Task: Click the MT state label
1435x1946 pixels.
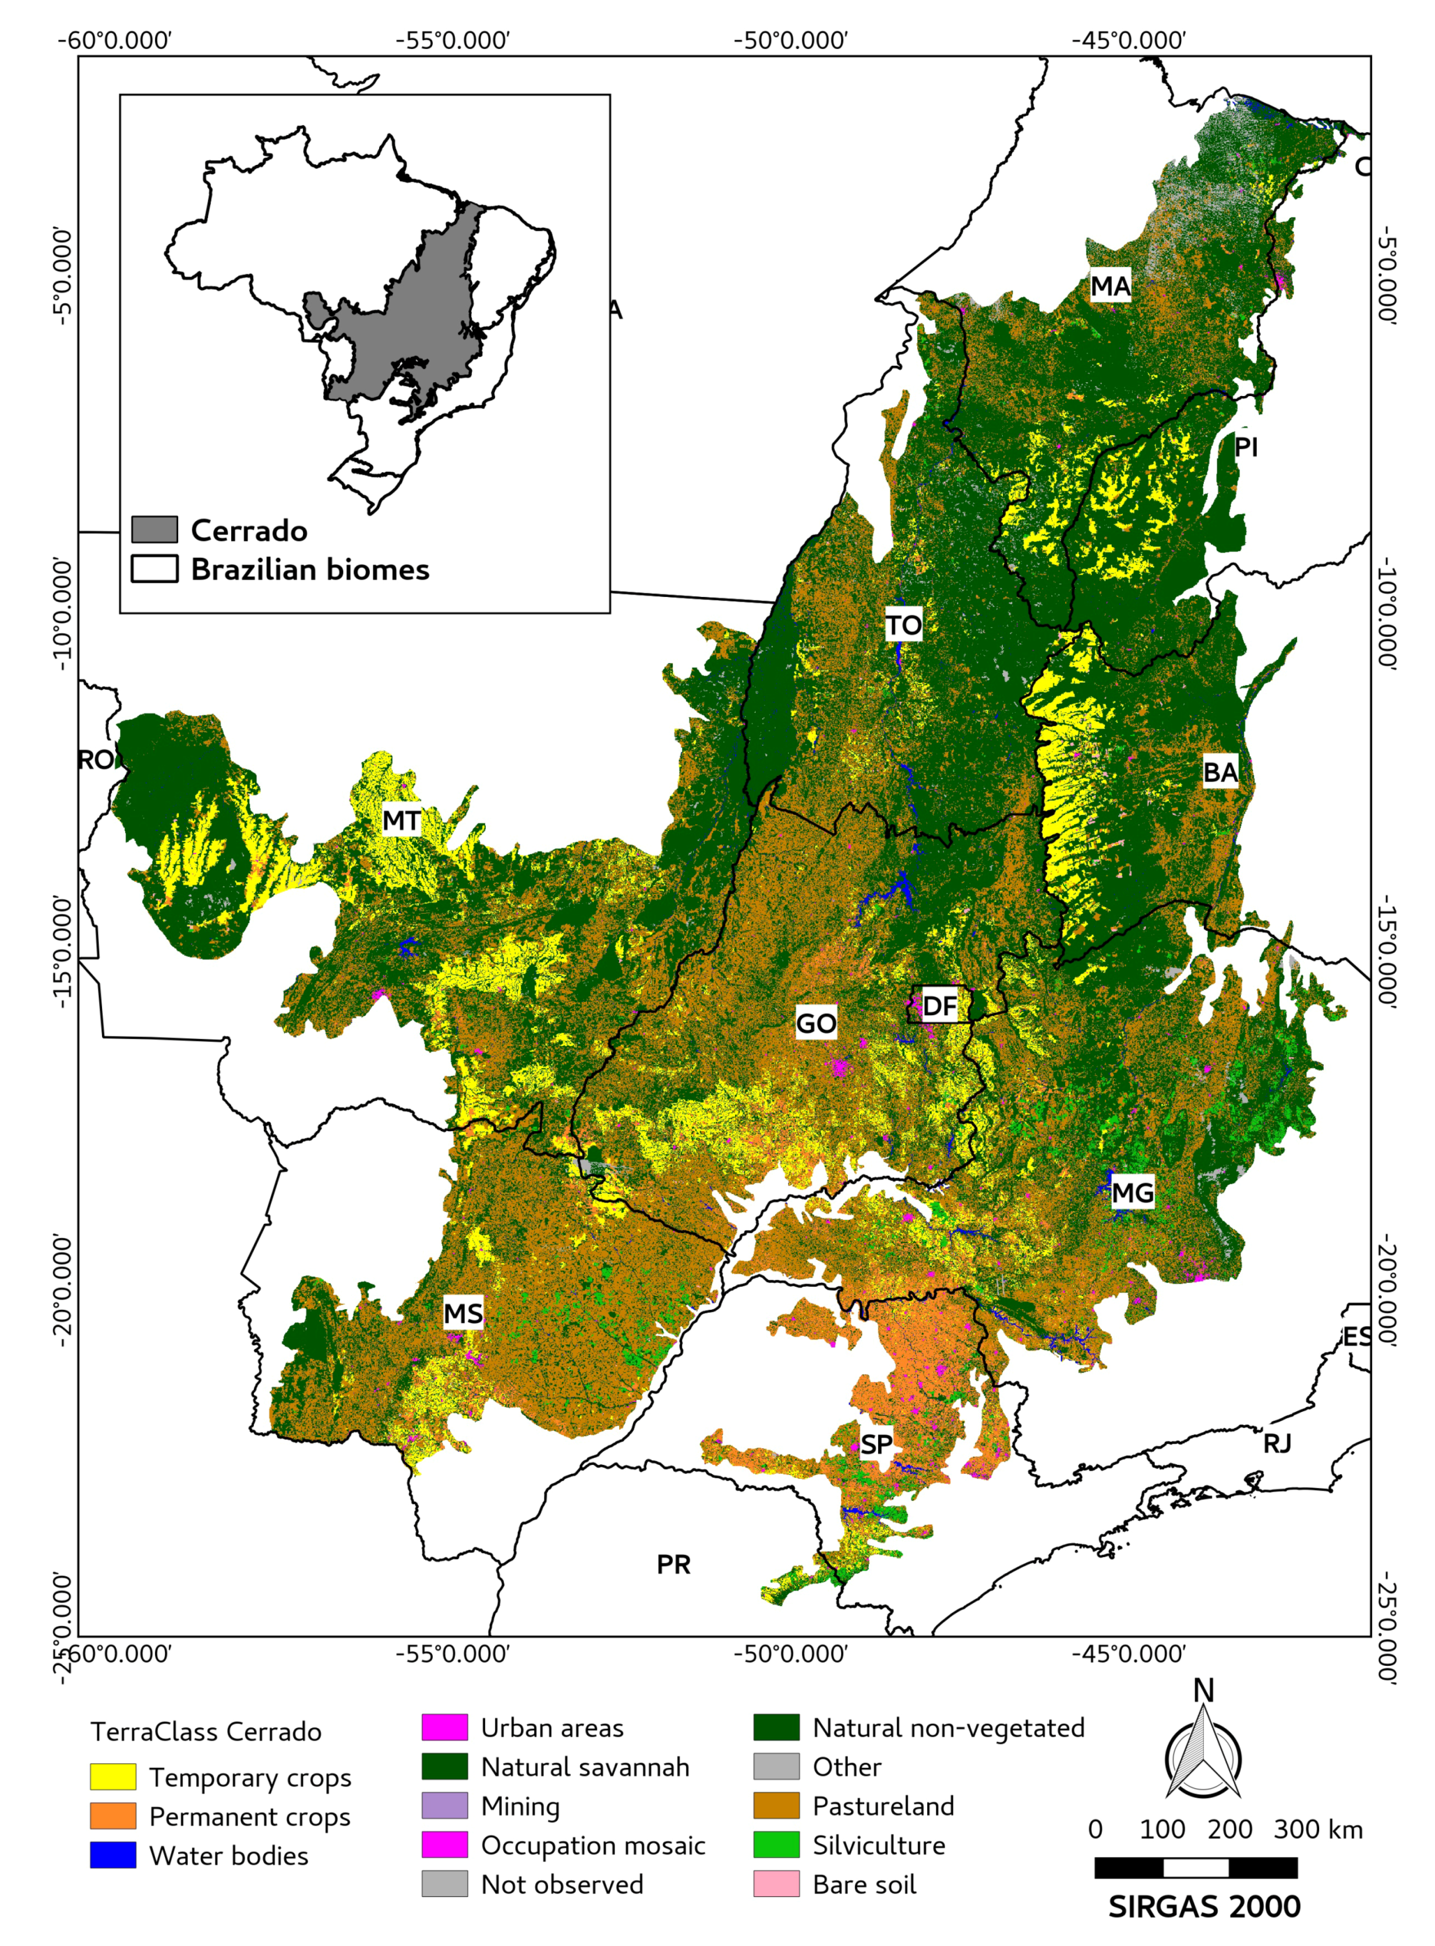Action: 401,820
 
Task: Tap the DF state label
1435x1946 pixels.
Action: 939,1006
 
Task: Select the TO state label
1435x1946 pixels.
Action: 903,624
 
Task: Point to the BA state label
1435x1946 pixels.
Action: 1220,771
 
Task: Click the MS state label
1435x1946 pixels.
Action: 463,1313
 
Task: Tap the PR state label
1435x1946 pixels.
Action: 673,1564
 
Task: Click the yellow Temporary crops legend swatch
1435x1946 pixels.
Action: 113,1777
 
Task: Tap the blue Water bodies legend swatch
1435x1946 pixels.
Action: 113,1855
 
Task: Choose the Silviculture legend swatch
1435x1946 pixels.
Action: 776,1844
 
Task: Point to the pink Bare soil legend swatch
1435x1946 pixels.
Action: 776,1884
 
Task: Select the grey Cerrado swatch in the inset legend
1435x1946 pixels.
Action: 154,529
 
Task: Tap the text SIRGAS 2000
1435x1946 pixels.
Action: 1204,1906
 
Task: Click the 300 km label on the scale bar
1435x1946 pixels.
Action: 1318,1829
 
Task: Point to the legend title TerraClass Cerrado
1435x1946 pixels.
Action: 206,1732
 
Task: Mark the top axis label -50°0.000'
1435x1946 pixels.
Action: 790,41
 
